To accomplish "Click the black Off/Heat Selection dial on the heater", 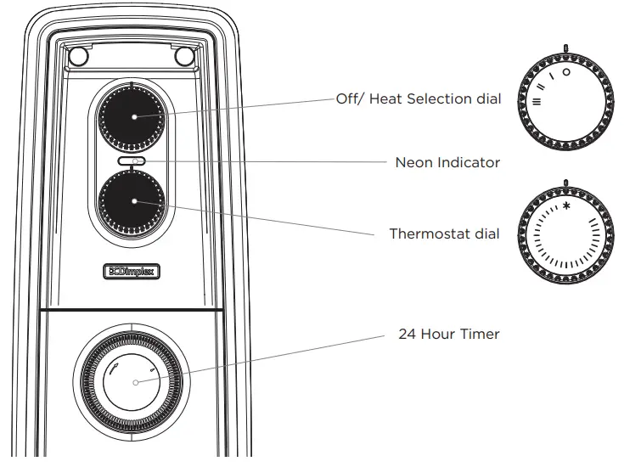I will point(132,116).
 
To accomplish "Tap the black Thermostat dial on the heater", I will point(132,201).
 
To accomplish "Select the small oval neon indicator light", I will point(132,160).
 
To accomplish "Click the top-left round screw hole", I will point(77,57).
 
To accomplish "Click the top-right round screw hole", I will point(184,57).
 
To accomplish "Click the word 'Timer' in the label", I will point(480,334).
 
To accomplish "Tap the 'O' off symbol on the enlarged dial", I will point(566,73).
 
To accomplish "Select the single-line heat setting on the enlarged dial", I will point(553,77).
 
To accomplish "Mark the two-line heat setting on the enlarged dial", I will point(542,87).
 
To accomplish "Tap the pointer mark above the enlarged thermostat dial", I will point(564,182).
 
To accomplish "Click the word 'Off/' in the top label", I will point(351,99).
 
